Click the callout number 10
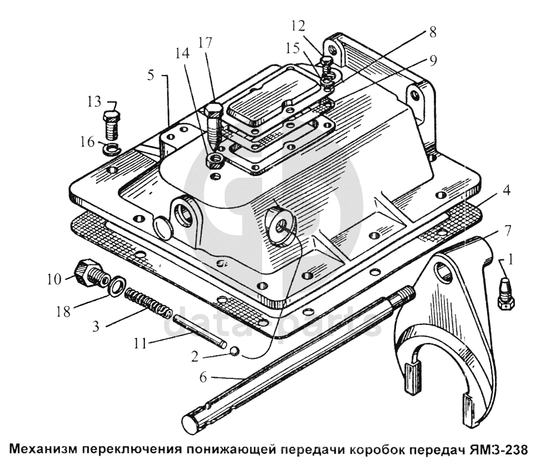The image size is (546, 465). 54,279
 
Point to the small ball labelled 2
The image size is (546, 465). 235,351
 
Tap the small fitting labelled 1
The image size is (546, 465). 505,293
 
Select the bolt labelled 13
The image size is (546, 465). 112,124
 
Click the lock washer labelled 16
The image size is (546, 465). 111,149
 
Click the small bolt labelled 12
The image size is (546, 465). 326,66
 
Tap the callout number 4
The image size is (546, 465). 506,190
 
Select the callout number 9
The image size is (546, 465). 433,61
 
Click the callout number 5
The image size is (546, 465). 151,75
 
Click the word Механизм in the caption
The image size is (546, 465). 43,449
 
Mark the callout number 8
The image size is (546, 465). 433,32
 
